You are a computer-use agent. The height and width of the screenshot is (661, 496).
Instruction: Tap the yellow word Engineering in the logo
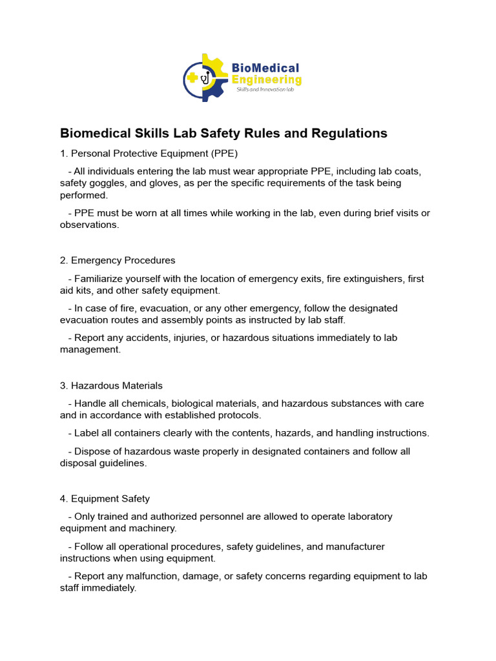266,80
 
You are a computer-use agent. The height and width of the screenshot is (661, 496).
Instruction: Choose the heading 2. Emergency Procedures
118,260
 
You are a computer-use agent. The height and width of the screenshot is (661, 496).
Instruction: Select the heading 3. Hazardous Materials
111,385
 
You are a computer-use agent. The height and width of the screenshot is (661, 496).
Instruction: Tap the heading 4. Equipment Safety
105,498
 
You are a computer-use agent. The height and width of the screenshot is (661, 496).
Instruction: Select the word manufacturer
355,546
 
